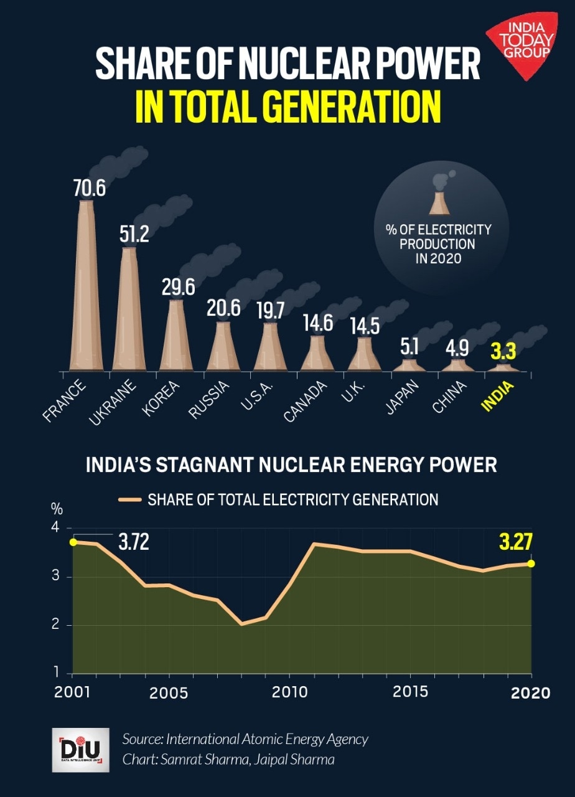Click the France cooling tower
[x=86, y=286]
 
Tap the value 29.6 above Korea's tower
[x=177, y=287]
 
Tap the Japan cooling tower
[x=409, y=365]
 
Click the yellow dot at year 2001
[x=73, y=542]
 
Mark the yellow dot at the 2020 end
[x=531, y=564]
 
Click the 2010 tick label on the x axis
[x=289, y=692]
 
